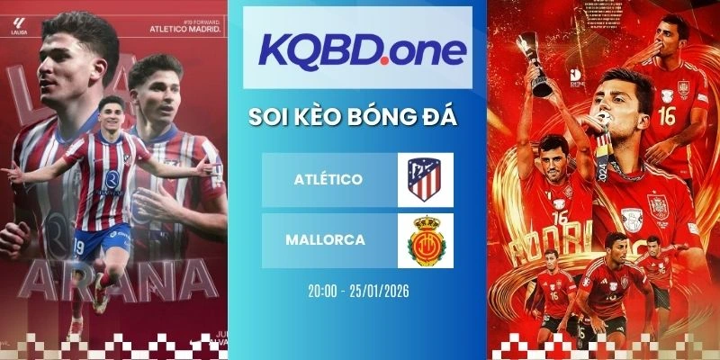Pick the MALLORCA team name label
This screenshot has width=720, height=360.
(327, 240)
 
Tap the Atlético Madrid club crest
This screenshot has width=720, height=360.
(426, 179)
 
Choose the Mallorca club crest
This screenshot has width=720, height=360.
(426, 240)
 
